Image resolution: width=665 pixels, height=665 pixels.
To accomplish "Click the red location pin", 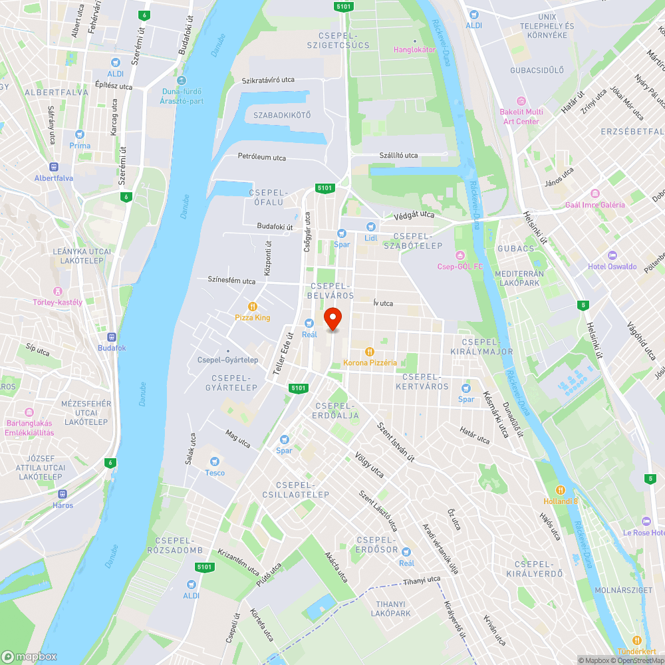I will pos(332,318).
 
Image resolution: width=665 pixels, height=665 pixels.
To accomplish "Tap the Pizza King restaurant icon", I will pos(253,306).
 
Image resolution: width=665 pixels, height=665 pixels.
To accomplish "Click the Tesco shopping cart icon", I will pos(215,462).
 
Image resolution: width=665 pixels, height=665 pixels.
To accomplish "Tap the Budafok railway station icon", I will pos(111,336).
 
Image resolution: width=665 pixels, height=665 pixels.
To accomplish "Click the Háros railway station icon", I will pos(63,494).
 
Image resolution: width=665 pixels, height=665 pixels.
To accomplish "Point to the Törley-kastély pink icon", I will pos(58,291).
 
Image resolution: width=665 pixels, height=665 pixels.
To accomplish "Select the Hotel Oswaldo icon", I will pos(612,255).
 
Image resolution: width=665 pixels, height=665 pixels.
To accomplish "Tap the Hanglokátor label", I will pos(414,50).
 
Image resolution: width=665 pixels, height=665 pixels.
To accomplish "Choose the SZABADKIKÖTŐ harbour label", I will pos(282,115).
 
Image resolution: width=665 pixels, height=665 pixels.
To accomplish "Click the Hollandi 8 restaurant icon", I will pos(561,489).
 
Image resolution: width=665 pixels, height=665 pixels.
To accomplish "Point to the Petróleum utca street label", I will pos(262,158).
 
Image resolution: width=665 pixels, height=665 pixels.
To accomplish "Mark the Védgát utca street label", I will pos(414,215).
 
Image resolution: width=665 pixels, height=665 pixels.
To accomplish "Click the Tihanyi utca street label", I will pos(422,580).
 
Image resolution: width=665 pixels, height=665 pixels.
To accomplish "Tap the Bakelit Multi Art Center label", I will pos(521,116).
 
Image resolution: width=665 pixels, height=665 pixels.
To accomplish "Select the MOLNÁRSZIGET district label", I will pos(622,589).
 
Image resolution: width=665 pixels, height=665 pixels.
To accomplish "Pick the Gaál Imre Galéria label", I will pos(595,205).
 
